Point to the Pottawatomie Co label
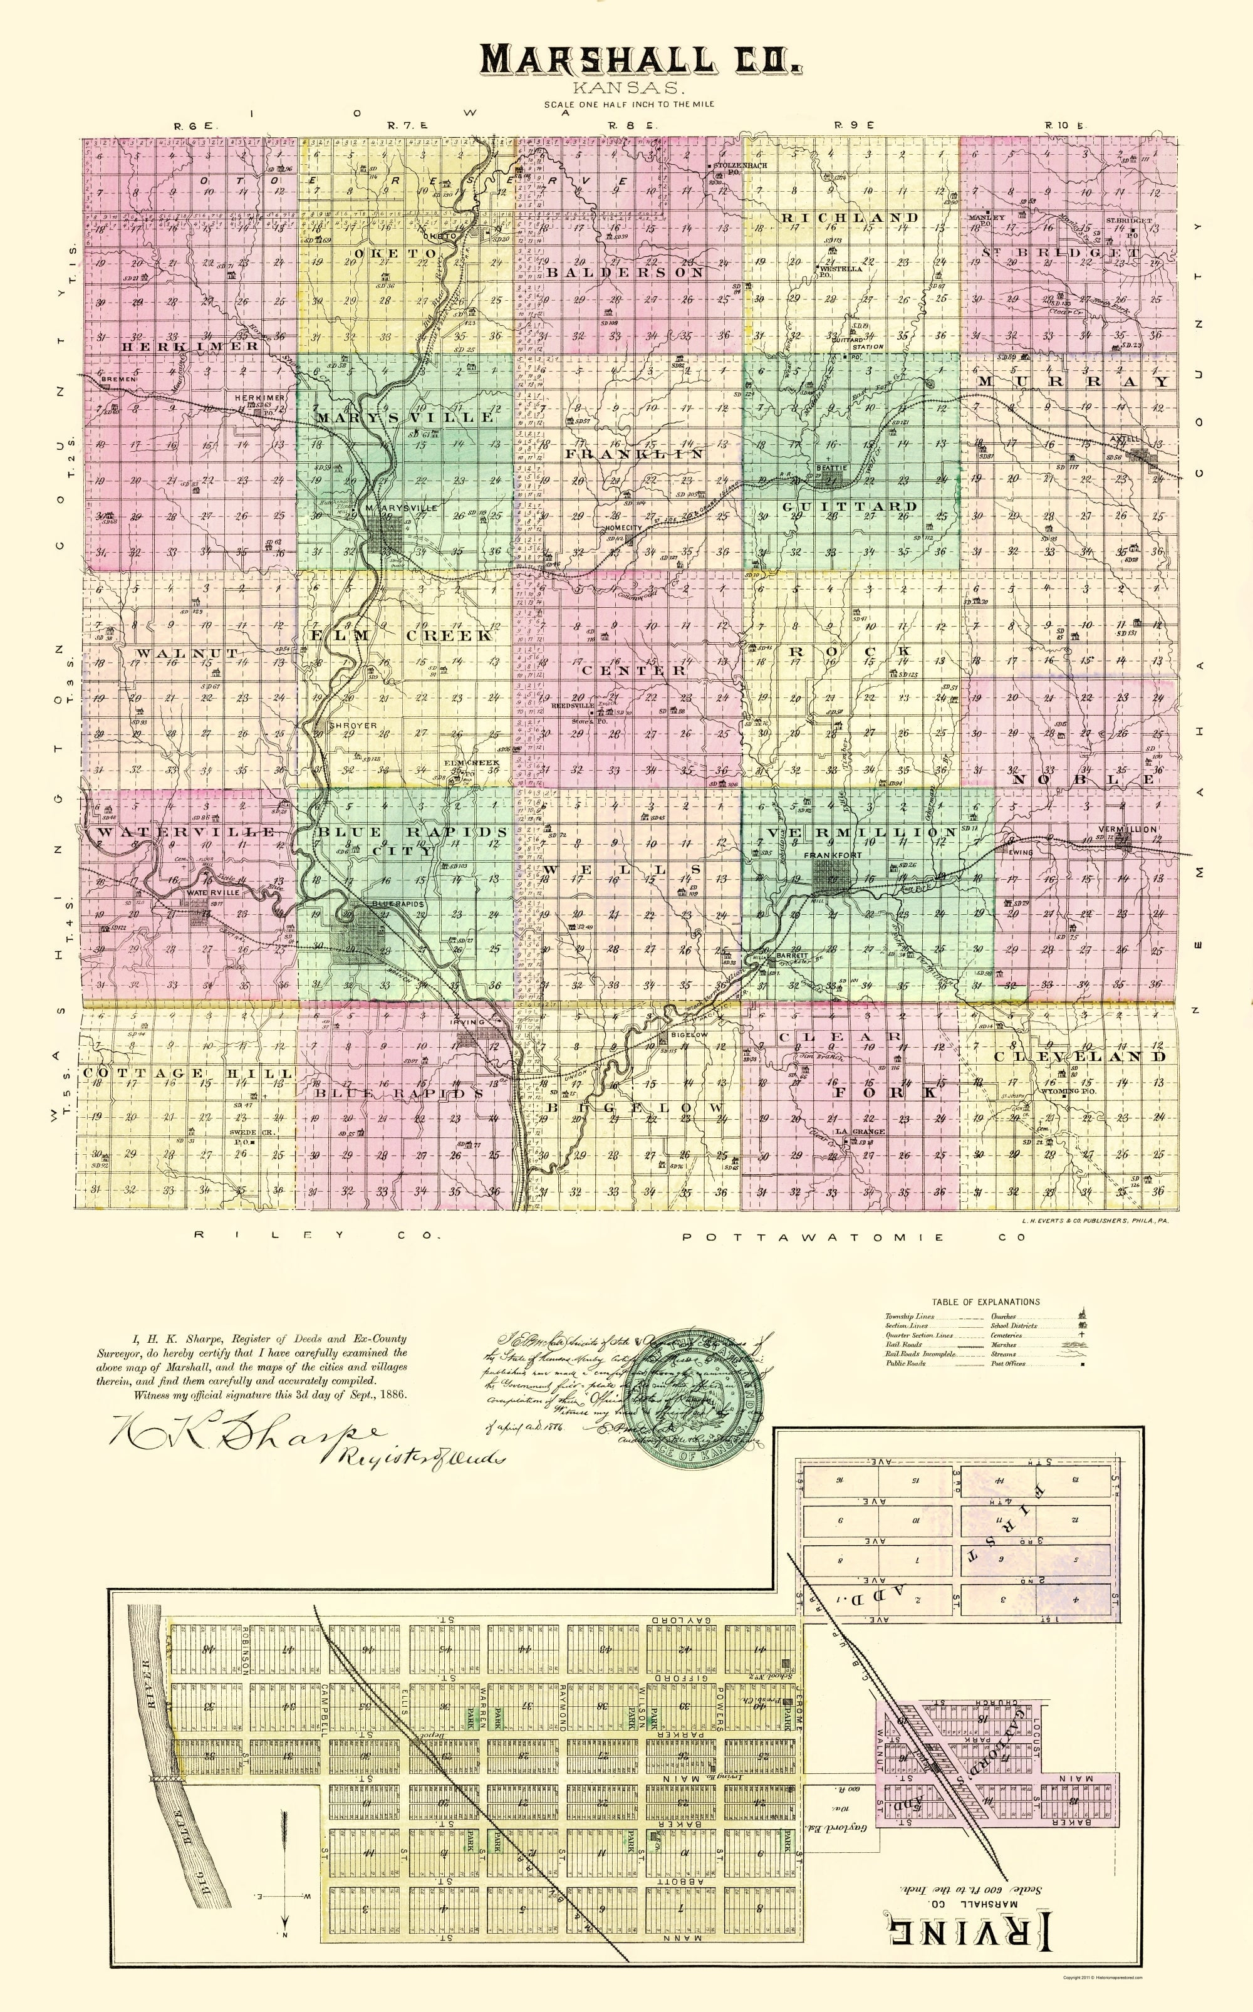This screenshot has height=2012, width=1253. [x=853, y=1237]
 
